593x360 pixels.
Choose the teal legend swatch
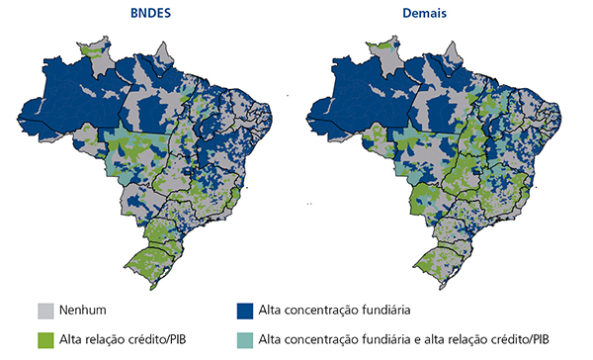click(242, 339)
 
